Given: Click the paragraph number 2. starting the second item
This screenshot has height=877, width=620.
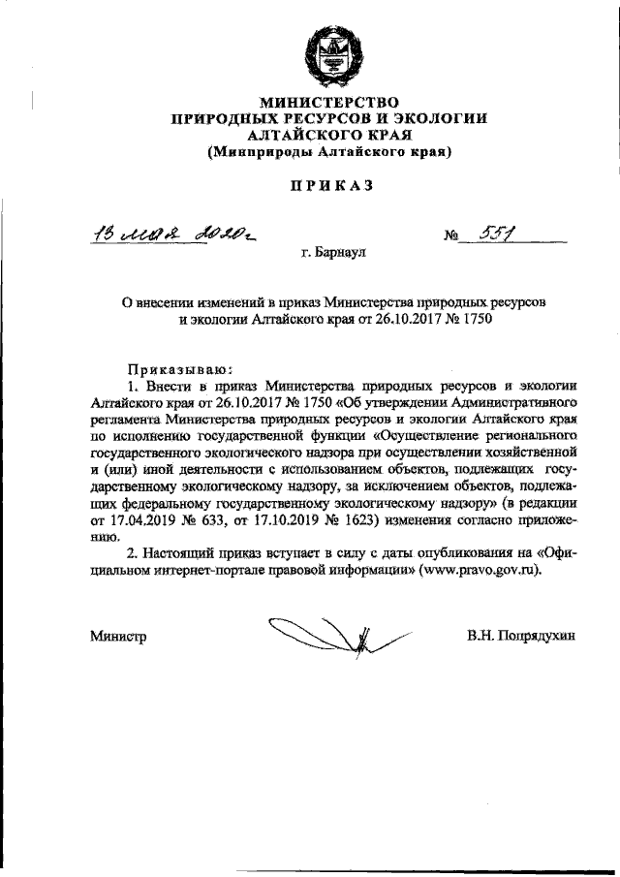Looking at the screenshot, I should point(132,552).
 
